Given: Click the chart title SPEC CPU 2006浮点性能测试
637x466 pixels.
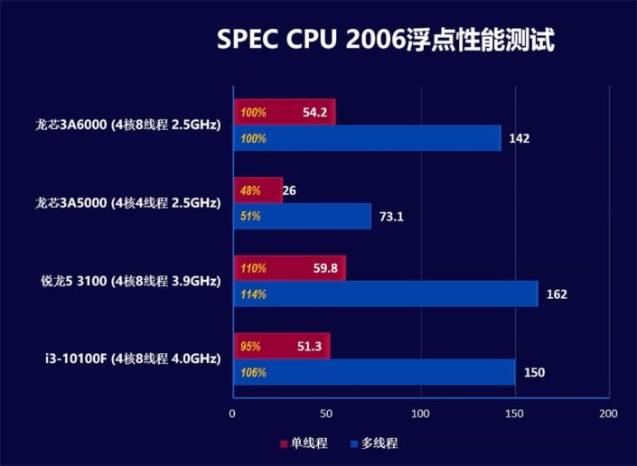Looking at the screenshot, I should pyautogui.click(x=384, y=41).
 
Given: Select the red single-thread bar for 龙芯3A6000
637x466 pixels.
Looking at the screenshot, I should pyautogui.click(x=285, y=113).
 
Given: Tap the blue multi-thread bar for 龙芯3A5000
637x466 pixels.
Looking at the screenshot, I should pyautogui.click(x=303, y=217).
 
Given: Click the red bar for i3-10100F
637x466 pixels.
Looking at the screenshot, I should pyautogui.click(x=281, y=346).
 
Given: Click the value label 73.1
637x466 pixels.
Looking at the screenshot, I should pyautogui.click(x=394, y=217).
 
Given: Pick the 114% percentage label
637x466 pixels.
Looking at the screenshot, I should pyautogui.click(x=254, y=294).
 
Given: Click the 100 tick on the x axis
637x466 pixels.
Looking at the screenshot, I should pyautogui.click(x=420, y=414).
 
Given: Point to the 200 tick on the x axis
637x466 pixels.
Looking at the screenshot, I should pyautogui.click(x=608, y=414).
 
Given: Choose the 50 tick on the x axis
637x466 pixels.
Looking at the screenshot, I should pyautogui.click(x=326, y=414).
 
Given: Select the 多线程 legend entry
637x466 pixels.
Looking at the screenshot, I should pyautogui.click(x=373, y=443).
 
